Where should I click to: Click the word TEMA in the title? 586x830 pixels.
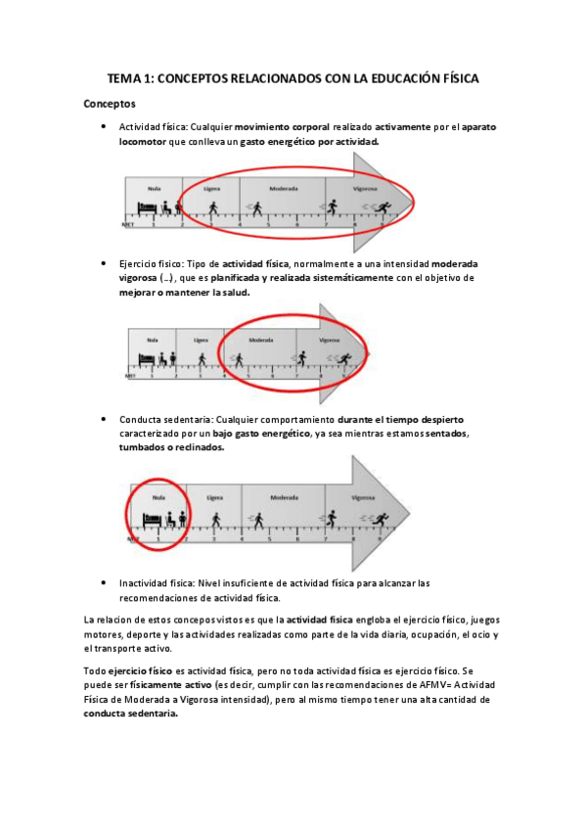pyautogui.click(x=126, y=78)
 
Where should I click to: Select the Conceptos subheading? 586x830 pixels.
pyautogui.click(x=110, y=103)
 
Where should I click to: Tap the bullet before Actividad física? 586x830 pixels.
pyautogui.click(x=104, y=126)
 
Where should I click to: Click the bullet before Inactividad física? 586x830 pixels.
pyautogui.click(x=104, y=581)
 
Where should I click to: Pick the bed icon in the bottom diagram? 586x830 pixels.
pyautogui.click(x=149, y=521)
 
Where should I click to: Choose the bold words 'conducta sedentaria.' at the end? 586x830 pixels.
pyautogui.click(x=131, y=715)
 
